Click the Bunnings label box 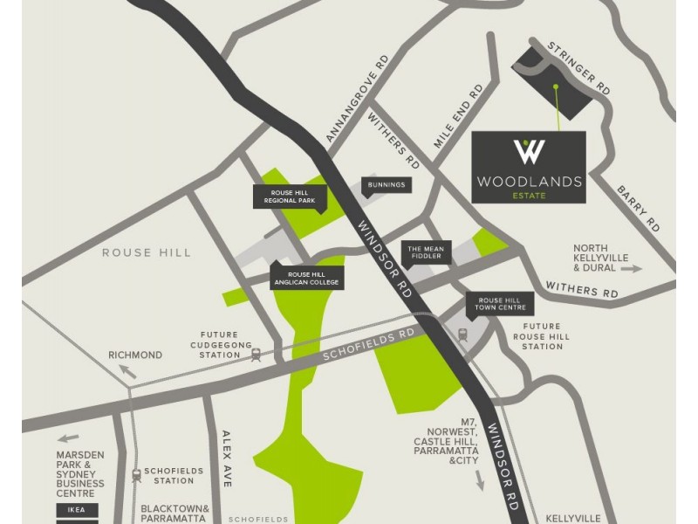387,185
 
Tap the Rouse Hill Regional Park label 289,196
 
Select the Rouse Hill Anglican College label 307,277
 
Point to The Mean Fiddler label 427,252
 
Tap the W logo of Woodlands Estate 529,152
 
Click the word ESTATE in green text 529,196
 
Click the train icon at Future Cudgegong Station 256,355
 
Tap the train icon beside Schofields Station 136,476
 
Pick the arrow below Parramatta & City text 479,479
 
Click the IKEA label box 77,509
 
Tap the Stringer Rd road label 578,67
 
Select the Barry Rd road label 638,208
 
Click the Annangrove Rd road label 356,100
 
